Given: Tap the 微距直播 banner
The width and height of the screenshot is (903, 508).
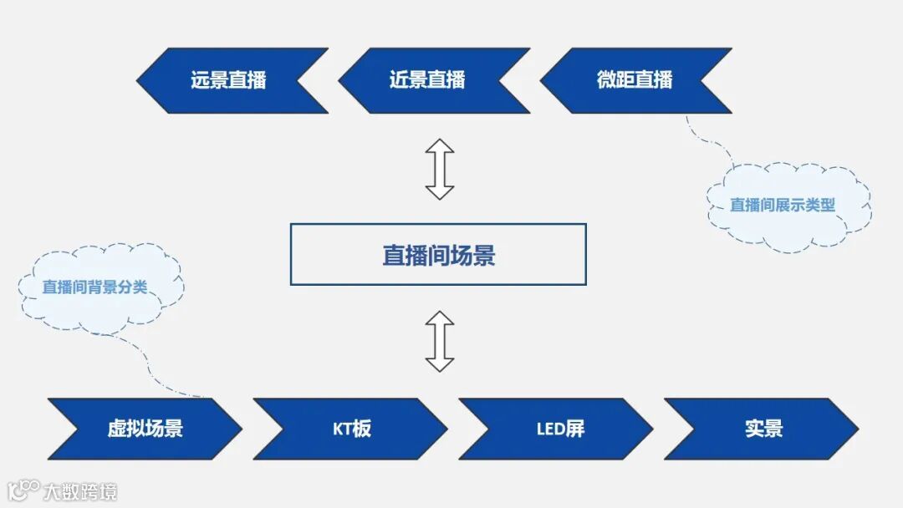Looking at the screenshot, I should [x=635, y=80].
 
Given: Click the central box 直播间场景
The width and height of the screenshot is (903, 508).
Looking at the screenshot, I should [x=438, y=255].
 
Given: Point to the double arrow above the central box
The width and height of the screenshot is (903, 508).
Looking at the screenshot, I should [x=439, y=169].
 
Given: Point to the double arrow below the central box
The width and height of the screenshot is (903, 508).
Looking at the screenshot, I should [x=439, y=341].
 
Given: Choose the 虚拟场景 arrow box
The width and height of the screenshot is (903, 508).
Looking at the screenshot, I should [x=145, y=429].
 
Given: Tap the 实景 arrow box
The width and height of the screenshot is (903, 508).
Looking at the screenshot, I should [x=763, y=429].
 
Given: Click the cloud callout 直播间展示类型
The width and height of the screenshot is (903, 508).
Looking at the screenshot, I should [x=783, y=206].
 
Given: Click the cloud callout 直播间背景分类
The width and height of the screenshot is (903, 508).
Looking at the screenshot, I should [x=95, y=287].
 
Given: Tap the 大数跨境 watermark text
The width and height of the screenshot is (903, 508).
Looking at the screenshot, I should [x=80, y=491].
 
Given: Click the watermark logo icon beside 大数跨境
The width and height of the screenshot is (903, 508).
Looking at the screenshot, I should [x=23, y=490].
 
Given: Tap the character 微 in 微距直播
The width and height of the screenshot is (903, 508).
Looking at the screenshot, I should [x=606, y=80].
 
